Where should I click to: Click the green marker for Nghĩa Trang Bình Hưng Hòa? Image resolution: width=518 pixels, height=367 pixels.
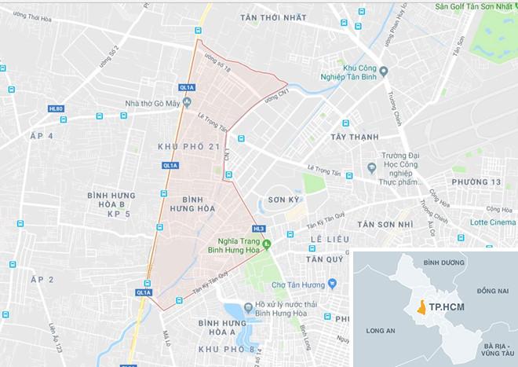point(266,244)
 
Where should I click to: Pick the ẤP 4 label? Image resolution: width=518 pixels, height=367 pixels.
point(39,137)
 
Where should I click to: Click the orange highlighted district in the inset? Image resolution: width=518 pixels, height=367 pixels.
point(422,307)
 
